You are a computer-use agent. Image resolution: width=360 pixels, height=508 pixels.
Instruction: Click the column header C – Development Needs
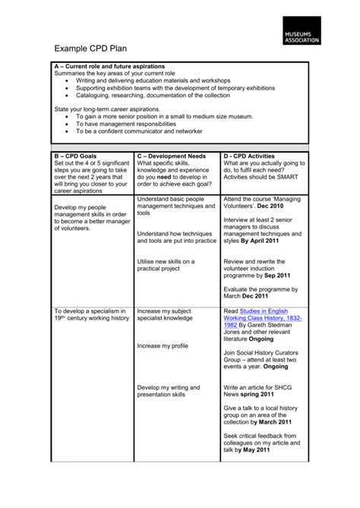tap(172, 155)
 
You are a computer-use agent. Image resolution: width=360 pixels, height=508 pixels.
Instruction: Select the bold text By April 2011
tap(261, 241)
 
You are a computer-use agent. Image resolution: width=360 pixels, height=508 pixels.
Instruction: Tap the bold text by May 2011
tap(257, 450)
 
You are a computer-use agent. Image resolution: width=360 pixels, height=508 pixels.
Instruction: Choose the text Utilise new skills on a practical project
tap(166, 265)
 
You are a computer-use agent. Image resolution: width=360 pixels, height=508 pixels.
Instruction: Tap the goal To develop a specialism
tap(91, 314)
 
